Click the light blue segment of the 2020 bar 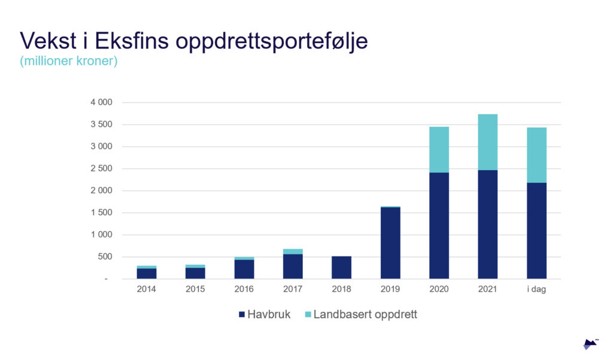click(439, 149)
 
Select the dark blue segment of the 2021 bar click(487, 224)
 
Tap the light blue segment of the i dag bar click(536, 155)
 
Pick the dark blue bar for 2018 click(341, 267)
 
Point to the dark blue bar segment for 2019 click(390, 243)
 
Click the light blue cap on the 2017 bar click(293, 252)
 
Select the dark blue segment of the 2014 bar click(147, 273)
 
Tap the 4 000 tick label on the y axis click(101, 102)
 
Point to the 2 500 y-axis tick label click(101, 169)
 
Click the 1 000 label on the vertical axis click(101, 235)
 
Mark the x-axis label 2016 click(244, 289)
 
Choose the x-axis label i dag click(536, 289)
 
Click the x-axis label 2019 click(390, 289)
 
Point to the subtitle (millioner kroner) click(69, 62)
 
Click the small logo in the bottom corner click(590, 344)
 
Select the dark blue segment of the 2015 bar click(195, 273)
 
